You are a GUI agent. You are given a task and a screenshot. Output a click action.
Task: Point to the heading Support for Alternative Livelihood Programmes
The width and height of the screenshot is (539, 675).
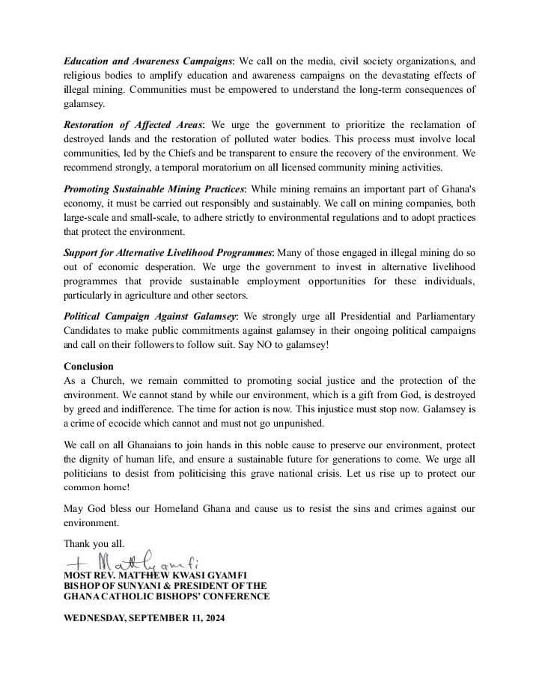click(168, 254)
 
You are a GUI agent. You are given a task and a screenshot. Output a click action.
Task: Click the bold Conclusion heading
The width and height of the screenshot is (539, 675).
click(88, 367)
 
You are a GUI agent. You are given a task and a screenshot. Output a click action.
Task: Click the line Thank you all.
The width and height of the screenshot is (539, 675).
click(94, 543)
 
